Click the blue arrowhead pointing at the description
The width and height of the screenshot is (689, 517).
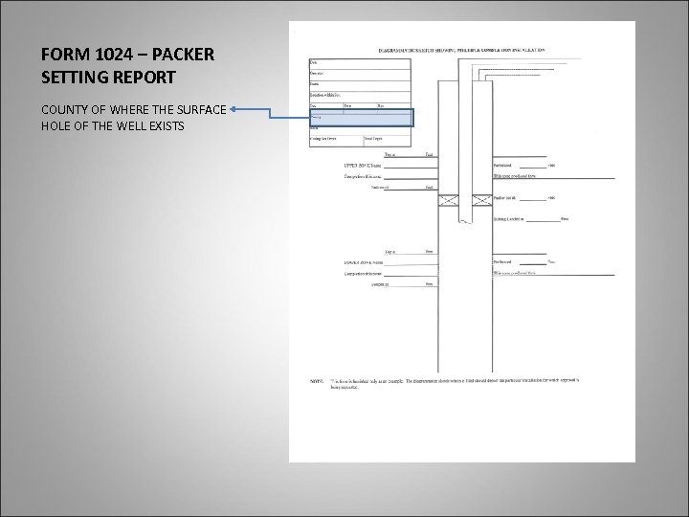coord(235,110)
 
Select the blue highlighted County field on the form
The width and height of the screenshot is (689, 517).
coord(360,118)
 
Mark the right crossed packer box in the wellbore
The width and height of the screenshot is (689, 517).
coord(476,199)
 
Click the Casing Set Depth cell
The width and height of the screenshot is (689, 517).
coord(322,139)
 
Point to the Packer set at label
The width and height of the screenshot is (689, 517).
coord(512,197)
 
